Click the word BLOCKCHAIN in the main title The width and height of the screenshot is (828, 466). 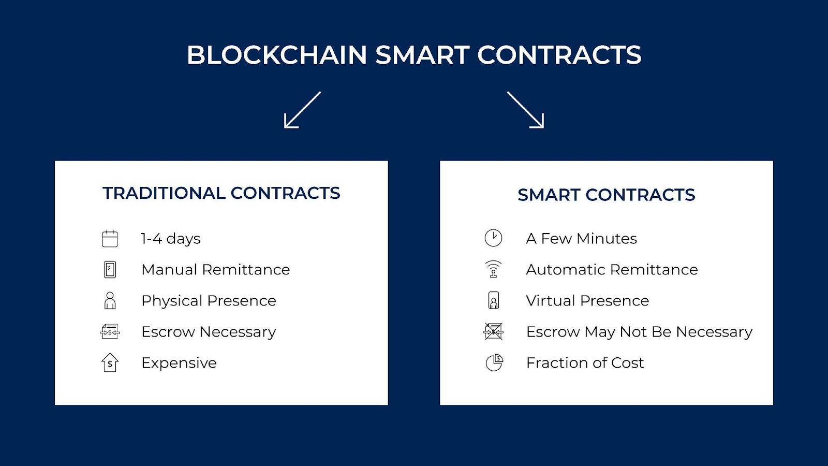(277, 55)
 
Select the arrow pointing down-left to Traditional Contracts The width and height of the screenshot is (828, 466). (302, 110)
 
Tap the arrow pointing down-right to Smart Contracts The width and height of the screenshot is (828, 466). (525, 110)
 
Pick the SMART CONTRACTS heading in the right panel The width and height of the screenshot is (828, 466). (606, 195)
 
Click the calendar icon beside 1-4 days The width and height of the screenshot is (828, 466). (110, 239)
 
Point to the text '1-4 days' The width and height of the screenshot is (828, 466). (171, 239)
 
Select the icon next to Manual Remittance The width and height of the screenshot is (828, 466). (110, 270)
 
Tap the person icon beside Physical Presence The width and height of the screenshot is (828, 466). (110, 301)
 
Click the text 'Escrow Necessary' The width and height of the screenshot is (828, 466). (209, 332)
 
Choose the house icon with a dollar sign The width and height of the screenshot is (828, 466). (110, 363)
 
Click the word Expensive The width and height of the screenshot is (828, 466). (179, 363)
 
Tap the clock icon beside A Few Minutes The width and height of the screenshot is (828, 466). (494, 238)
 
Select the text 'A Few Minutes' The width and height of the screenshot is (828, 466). (582, 239)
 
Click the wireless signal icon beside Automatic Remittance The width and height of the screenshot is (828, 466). (494, 269)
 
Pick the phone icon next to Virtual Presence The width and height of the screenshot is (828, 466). (494, 300)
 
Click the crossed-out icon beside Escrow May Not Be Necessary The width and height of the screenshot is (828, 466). (494, 331)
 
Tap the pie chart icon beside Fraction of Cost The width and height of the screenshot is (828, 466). (494, 362)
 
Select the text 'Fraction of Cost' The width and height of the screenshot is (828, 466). (585, 363)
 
